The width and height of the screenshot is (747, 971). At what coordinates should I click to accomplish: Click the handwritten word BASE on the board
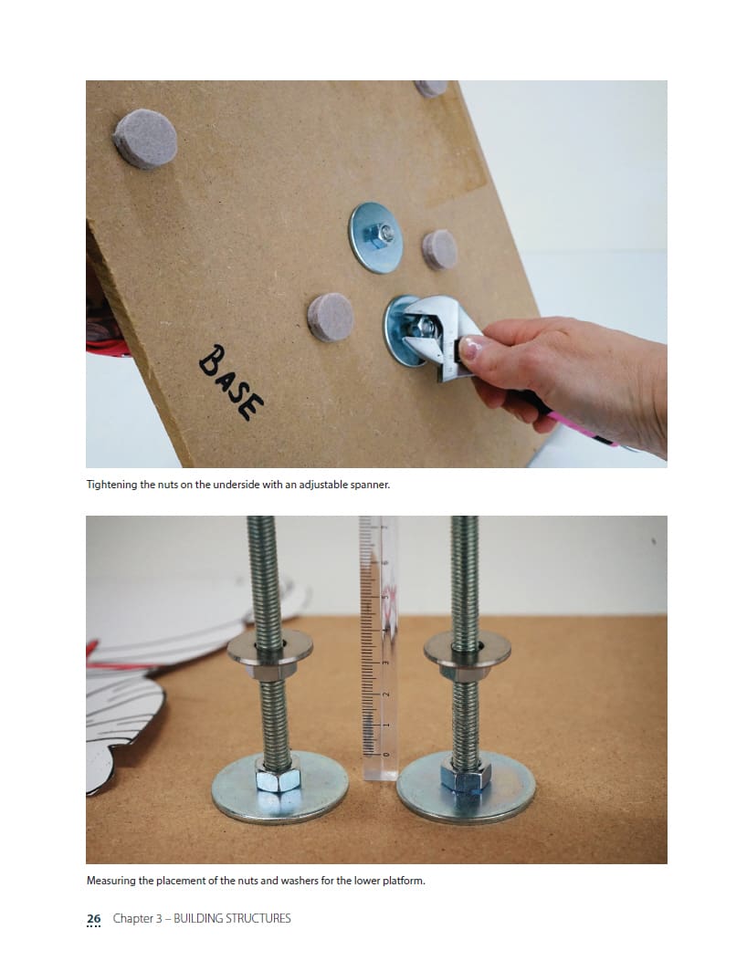click(x=231, y=382)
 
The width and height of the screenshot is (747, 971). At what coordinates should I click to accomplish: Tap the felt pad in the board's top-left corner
click(x=145, y=140)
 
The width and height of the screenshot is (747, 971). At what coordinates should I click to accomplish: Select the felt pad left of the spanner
click(x=331, y=317)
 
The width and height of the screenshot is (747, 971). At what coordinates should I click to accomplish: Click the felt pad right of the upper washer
click(x=439, y=249)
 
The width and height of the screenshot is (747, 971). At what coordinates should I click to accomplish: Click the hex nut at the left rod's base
click(x=278, y=773)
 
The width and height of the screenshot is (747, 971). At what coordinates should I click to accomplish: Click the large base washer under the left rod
click(x=279, y=788)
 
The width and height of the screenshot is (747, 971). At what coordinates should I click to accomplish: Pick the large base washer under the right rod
click(x=466, y=788)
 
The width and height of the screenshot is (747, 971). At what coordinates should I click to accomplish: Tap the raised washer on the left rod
click(x=269, y=648)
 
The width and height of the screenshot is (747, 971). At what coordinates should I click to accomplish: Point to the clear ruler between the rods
click(x=379, y=647)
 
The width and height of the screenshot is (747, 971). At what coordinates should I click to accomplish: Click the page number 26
click(x=94, y=918)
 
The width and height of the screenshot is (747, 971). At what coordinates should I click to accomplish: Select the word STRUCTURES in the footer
click(x=258, y=918)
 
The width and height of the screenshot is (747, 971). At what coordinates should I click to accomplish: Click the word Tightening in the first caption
click(x=111, y=485)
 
